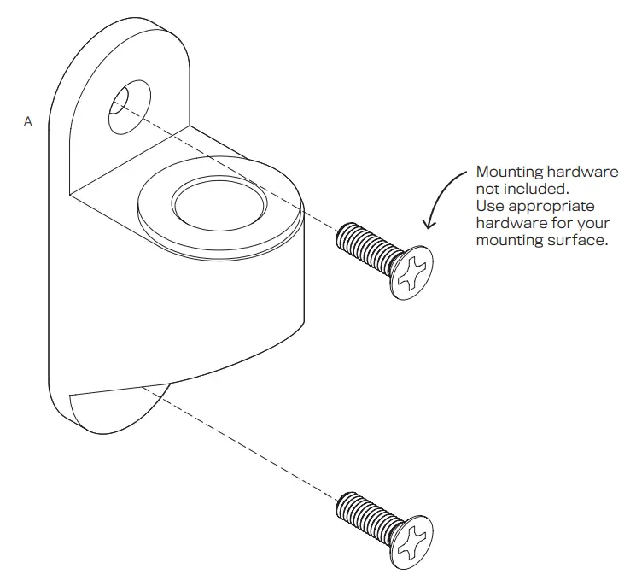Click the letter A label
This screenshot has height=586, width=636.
click(x=28, y=122)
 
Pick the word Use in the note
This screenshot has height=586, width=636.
click(x=489, y=207)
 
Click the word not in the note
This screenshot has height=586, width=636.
click(x=489, y=189)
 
